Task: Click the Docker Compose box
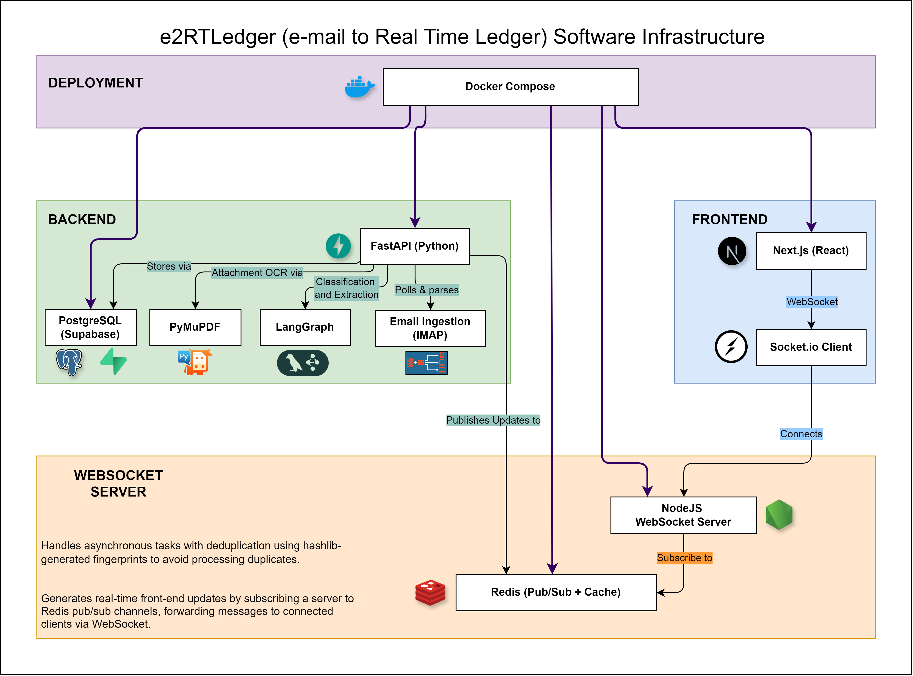[x=510, y=87]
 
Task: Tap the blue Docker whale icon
[x=359, y=87]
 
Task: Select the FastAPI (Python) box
[x=415, y=246]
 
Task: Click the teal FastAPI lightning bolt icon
[x=338, y=246]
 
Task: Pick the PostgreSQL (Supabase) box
[x=90, y=327]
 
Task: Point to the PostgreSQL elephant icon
[x=69, y=362]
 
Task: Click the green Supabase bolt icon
[x=113, y=361]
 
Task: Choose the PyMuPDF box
[x=195, y=327]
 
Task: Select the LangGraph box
[x=305, y=327]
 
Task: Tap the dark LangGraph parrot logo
[x=303, y=363]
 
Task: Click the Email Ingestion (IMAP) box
[x=430, y=328]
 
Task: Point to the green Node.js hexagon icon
[x=779, y=515]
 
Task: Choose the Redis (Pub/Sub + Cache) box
[x=556, y=592]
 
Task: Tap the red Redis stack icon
[x=430, y=592]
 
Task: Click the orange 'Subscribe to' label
[x=684, y=558]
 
